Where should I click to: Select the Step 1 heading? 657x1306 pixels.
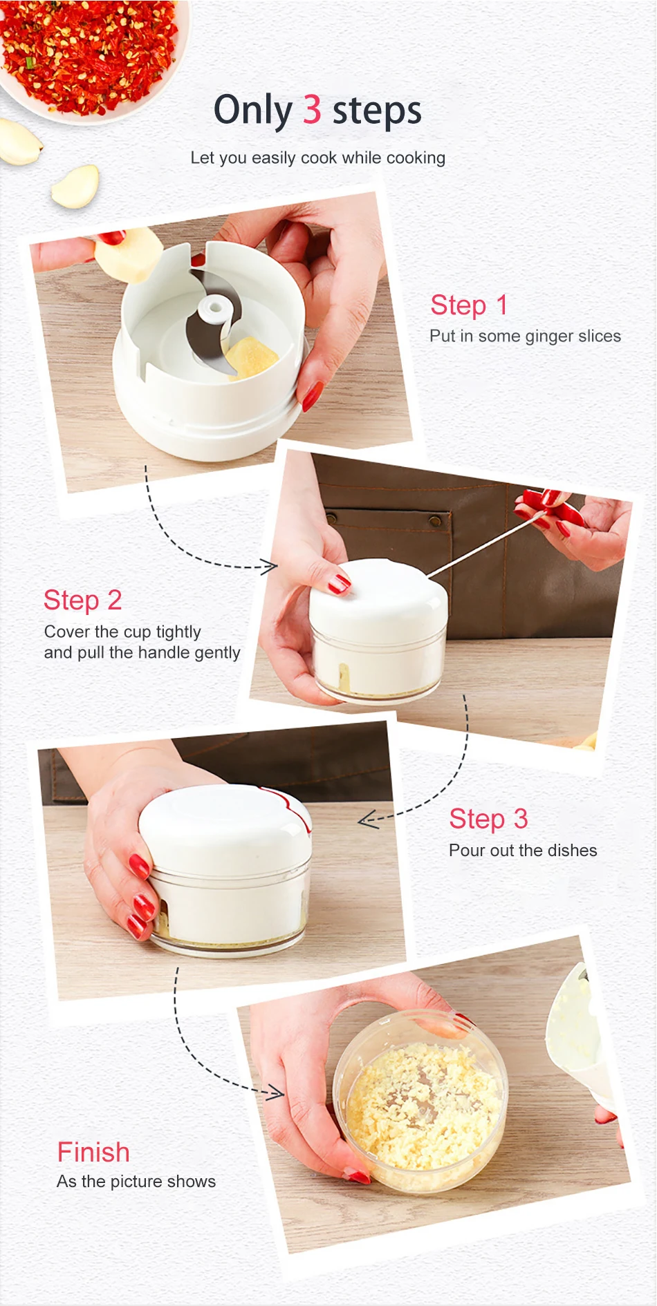tap(469, 305)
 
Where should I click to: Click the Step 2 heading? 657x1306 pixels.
tap(83, 600)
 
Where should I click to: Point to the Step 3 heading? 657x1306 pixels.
tap(488, 819)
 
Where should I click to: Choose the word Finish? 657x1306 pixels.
tap(93, 1152)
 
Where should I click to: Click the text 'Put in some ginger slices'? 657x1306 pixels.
tap(525, 337)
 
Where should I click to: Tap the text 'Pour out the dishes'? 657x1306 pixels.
tap(523, 850)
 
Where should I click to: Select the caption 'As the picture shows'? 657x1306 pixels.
tap(136, 1181)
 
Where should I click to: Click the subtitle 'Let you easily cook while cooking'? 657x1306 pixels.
tap(318, 158)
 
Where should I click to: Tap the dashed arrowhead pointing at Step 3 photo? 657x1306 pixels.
tap(368, 820)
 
